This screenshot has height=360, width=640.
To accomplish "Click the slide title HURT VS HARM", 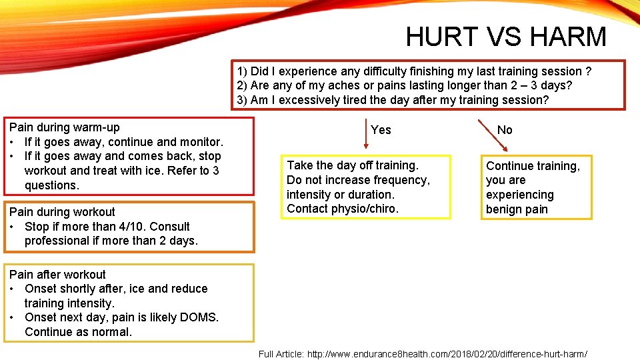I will (x=506, y=37).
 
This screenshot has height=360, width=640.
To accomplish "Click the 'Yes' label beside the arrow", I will (x=381, y=130).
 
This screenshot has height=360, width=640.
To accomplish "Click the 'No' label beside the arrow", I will (x=505, y=130).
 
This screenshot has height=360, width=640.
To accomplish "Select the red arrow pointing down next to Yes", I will (x=365, y=133).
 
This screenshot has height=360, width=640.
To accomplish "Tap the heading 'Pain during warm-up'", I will (x=65, y=127).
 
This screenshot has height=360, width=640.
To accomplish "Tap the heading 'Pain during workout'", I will (x=62, y=212).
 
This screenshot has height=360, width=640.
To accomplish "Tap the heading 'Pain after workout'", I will (x=57, y=275).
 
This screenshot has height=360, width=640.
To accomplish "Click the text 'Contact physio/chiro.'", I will (x=342, y=209).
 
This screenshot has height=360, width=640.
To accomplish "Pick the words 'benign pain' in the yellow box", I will (x=517, y=209).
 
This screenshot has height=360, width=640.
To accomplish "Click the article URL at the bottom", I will (x=454, y=354).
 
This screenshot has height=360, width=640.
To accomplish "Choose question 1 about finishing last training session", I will (x=414, y=71).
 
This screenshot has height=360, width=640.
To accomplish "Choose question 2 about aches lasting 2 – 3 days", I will (x=404, y=85).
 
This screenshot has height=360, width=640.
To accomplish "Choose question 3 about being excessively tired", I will (x=393, y=100).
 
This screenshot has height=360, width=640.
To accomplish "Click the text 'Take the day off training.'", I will (x=353, y=165).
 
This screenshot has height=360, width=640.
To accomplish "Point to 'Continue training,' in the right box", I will (x=533, y=166).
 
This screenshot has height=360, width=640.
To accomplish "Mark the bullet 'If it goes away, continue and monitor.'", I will (x=123, y=142).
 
